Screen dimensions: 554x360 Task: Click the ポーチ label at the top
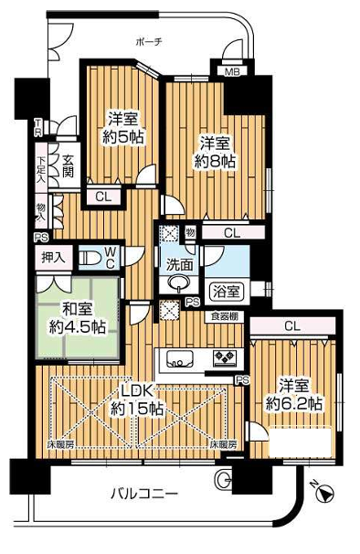(148, 42)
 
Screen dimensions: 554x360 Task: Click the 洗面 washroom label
(179, 265)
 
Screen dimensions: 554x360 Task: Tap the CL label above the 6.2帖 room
(291, 325)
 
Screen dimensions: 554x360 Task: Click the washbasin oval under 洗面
(178, 282)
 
